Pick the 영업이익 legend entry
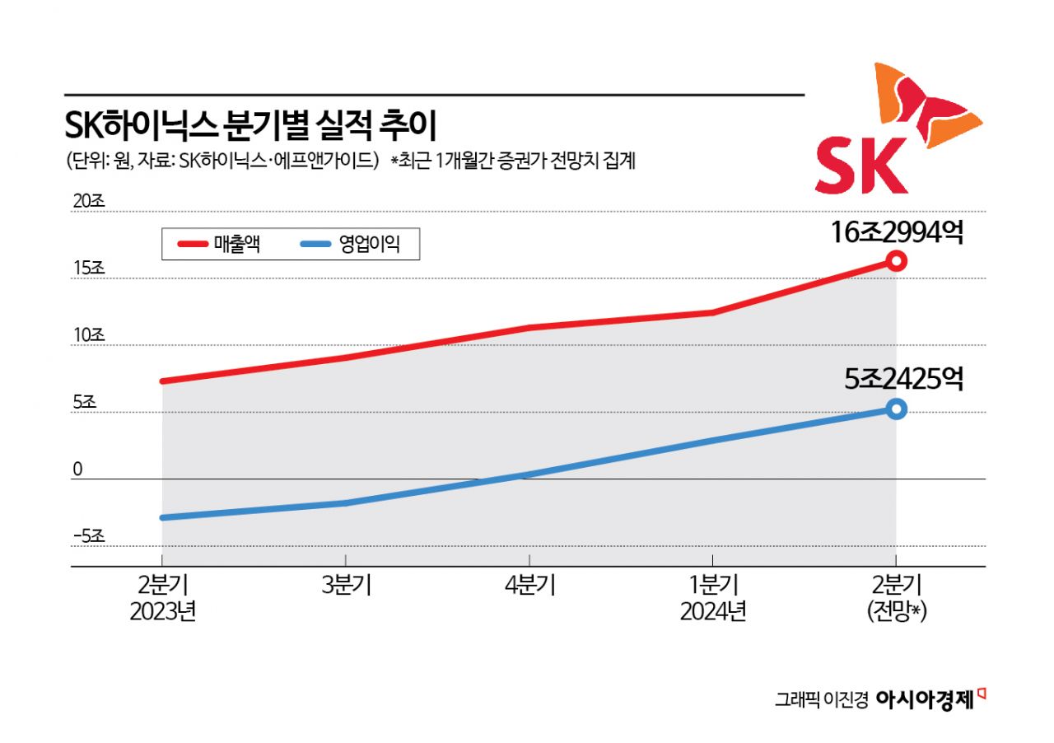(x=350, y=244)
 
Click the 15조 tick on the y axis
(x=85, y=269)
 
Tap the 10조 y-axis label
(x=85, y=335)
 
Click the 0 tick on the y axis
(x=77, y=469)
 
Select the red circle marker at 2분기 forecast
(x=897, y=261)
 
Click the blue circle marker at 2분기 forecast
(x=897, y=409)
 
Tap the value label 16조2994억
(x=897, y=234)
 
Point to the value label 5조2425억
(x=903, y=379)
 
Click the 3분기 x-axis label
(x=347, y=586)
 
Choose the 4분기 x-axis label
(x=530, y=586)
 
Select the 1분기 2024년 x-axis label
(x=713, y=599)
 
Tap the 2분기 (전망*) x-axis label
(x=897, y=599)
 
